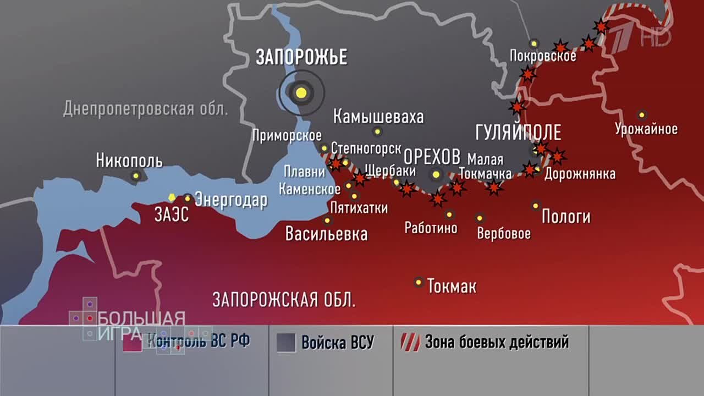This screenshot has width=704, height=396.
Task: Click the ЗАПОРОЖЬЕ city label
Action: point(301,57)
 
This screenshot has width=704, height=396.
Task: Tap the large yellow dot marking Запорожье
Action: point(301,92)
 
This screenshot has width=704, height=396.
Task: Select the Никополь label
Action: point(129,161)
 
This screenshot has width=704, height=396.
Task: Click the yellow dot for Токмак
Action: point(419,282)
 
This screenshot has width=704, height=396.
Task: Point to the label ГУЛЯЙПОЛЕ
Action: point(518,133)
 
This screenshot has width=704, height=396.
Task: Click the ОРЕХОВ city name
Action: point(432,157)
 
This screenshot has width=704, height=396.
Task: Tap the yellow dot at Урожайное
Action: point(641,115)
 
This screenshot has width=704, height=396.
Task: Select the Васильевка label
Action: point(326,234)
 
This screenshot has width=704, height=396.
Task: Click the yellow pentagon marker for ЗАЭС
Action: point(172,197)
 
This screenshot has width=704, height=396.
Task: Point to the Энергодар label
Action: point(231,200)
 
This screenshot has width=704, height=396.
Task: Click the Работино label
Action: point(431,228)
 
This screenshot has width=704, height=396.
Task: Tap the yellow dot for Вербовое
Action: point(480,218)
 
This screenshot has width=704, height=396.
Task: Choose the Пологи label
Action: point(566,217)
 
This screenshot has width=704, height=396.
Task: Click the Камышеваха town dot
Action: point(377,131)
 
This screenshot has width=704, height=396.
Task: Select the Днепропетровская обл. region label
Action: point(145,108)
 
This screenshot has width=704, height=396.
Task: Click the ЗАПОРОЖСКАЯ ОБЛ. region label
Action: point(284,300)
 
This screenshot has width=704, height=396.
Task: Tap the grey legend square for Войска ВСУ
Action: point(287,342)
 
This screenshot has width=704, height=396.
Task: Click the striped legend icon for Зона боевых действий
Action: point(410,342)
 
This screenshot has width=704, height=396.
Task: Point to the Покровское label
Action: point(543,56)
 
